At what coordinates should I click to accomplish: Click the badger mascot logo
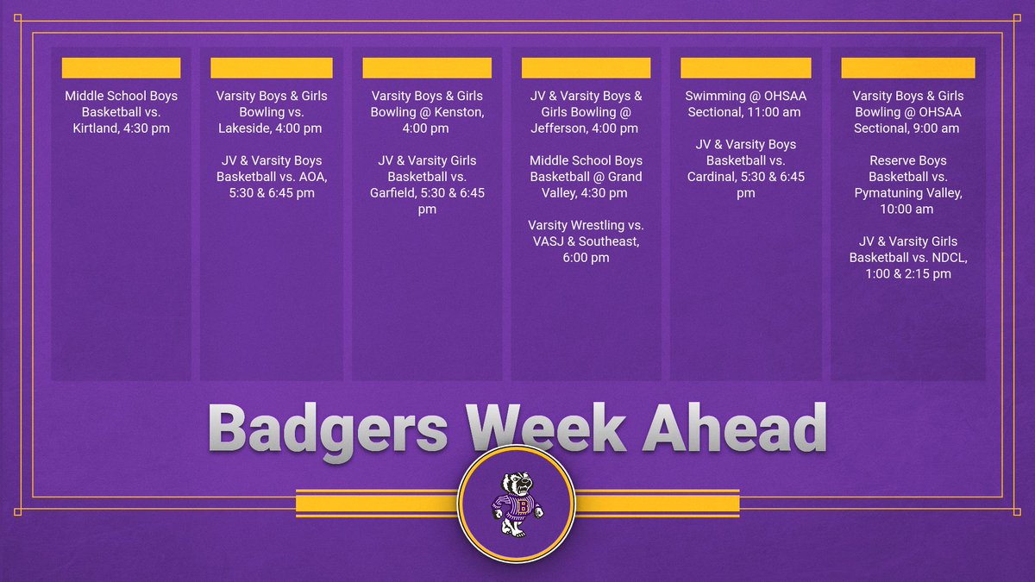(x=517, y=502)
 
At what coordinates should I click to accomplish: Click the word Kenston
(x=457, y=112)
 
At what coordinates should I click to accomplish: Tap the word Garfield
(x=398, y=193)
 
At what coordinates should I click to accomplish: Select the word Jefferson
(x=563, y=128)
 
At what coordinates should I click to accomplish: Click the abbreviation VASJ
(x=548, y=241)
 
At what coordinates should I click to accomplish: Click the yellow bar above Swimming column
(x=745, y=68)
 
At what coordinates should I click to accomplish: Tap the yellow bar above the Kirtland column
(x=121, y=68)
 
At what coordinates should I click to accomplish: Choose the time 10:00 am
(x=908, y=210)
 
